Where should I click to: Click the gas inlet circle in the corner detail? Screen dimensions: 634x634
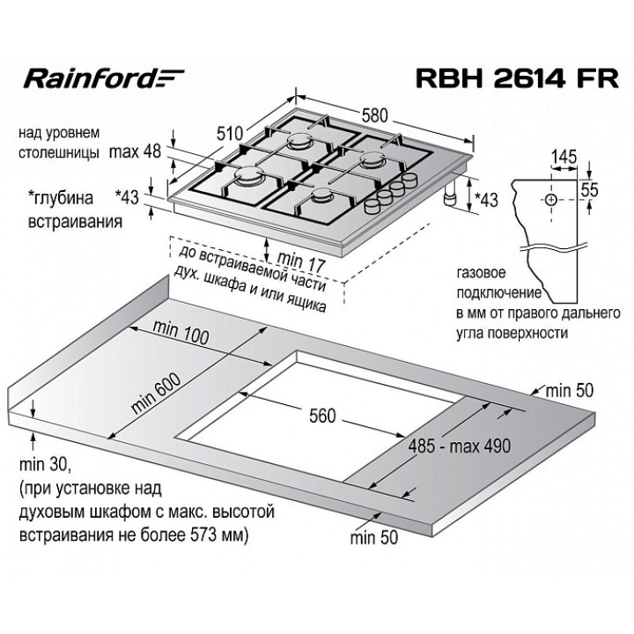coord(551,200)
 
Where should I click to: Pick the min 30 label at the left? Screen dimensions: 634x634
coord(39,464)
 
